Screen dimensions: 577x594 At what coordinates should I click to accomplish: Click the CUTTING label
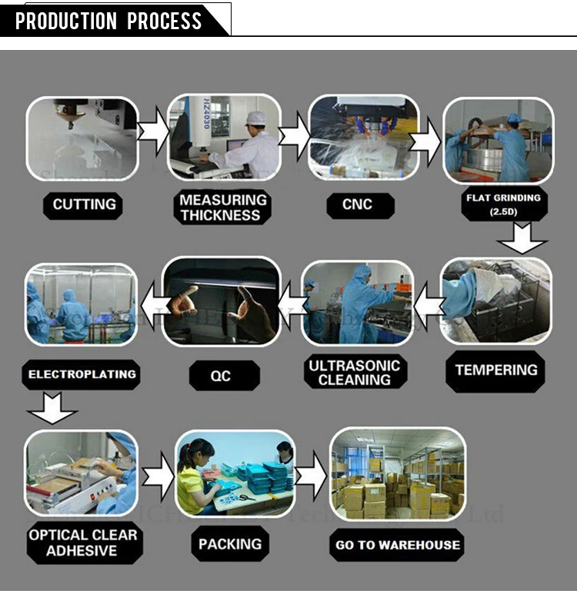[85, 204]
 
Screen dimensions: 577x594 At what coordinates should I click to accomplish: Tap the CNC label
[357, 204]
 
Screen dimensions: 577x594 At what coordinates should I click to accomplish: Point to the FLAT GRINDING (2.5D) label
[502, 204]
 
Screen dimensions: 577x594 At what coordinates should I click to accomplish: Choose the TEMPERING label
[496, 370]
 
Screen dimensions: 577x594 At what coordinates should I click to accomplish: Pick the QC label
[221, 376]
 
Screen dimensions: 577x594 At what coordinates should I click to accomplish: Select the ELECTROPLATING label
[82, 375]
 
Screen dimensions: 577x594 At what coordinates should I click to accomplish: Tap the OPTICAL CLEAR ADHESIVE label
[82, 543]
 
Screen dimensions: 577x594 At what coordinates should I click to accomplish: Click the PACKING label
[230, 544]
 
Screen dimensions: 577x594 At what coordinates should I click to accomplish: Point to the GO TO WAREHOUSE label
[398, 546]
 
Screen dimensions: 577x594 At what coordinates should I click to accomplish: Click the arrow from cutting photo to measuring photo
[152, 132]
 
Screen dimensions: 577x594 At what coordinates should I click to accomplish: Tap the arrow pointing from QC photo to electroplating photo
[150, 300]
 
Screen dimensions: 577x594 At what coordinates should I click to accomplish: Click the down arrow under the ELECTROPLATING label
[52, 408]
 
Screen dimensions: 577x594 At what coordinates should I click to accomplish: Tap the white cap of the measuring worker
[255, 118]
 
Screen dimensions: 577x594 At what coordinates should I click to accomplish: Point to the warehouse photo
[398, 473]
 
